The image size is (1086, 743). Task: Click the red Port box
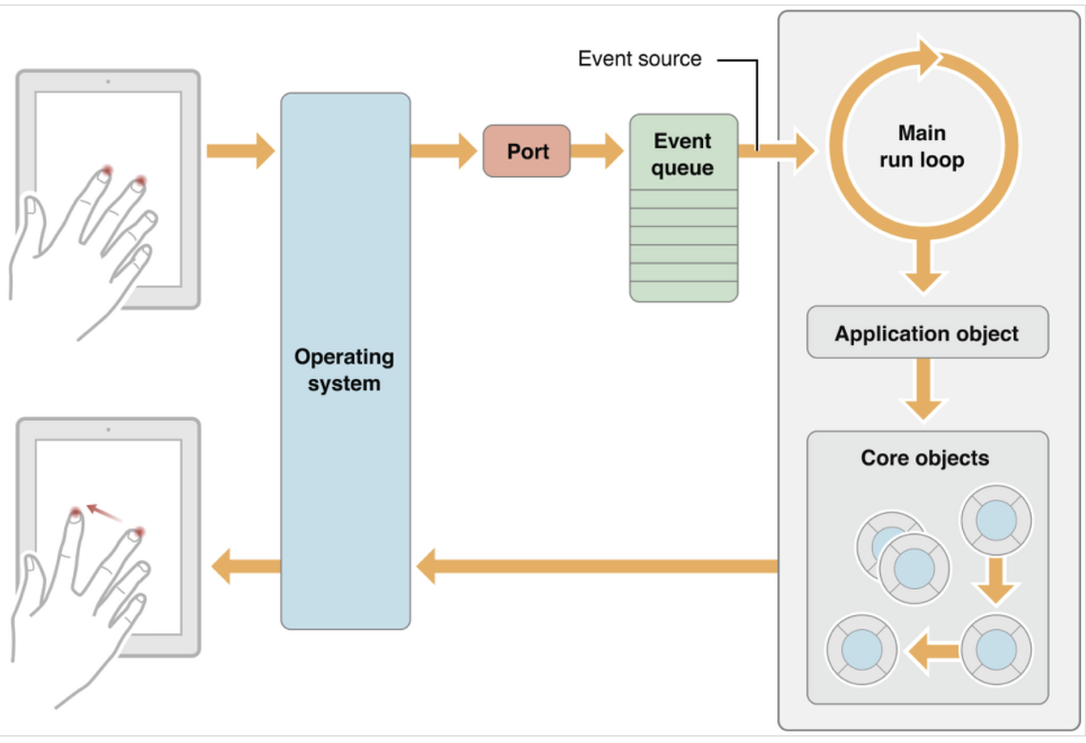527,151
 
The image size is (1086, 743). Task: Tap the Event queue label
682,153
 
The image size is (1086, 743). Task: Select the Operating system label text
344,370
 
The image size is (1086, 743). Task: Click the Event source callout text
639,59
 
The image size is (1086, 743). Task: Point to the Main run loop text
922,146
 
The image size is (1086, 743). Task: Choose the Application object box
928,332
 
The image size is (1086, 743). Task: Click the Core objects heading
925,458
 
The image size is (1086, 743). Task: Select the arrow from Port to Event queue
597,151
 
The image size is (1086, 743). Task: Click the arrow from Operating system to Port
444,151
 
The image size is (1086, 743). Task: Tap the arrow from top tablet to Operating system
240,151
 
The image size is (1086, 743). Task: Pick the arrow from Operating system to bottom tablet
246,567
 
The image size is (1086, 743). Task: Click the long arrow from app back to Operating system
597,567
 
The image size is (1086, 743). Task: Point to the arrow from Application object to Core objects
923,390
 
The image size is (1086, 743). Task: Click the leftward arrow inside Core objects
933,651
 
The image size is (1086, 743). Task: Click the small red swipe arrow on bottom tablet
105,513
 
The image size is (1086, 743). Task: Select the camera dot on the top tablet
108,82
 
